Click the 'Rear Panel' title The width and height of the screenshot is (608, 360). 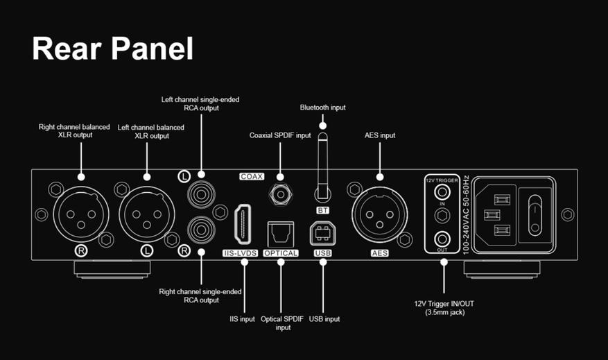coord(112,49)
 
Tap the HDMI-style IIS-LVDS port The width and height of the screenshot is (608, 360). coord(243,225)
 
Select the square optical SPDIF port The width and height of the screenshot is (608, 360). coord(281,234)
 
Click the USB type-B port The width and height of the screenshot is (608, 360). coord(322,234)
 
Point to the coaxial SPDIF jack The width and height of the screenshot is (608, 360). coord(280,194)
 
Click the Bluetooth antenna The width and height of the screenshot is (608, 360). coord(322,167)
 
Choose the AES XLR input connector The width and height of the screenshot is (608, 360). coord(380,214)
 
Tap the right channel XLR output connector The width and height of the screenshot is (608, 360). coord(81,214)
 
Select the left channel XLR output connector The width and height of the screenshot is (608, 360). coord(146,214)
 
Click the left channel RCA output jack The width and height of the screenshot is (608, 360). coord(201,194)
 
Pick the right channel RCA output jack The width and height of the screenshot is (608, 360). coord(201,230)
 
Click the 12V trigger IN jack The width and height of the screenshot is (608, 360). coord(442,192)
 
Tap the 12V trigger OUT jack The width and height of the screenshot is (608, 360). coord(442,239)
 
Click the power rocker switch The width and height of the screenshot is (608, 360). coord(535,215)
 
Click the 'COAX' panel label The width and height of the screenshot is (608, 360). coord(252,176)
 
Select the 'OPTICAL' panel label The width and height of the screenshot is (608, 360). coord(281,253)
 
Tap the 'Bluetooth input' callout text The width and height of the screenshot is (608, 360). coord(322,108)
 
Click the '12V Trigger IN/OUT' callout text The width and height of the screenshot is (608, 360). coord(444,304)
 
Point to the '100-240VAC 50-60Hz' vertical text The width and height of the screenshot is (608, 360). coord(466,215)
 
